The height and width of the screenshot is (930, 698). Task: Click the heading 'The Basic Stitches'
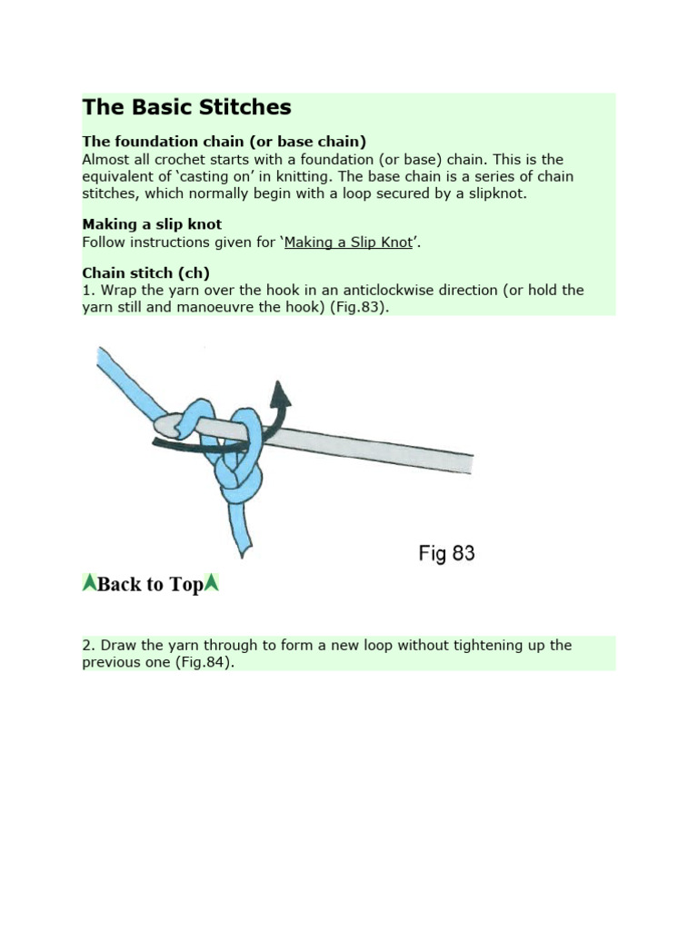pyautogui.click(x=186, y=107)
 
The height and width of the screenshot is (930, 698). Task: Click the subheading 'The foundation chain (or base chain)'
pyautogui.click(x=224, y=142)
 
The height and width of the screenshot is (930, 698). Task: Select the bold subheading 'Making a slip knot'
pyautogui.click(x=152, y=224)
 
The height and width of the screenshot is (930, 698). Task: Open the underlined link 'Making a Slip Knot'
pyautogui.click(x=349, y=242)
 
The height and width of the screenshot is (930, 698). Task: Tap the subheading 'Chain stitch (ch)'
pyautogui.click(x=145, y=272)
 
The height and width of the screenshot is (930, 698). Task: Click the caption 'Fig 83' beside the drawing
pyautogui.click(x=446, y=553)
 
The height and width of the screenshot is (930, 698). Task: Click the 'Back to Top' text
pyautogui.click(x=150, y=584)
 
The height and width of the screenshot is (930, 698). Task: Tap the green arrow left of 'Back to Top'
pyautogui.click(x=89, y=583)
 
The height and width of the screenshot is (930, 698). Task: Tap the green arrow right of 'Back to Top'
pyautogui.click(x=212, y=583)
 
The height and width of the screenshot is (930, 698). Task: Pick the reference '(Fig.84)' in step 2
pyautogui.click(x=206, y=663)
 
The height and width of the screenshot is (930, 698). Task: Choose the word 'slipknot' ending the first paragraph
pyautogui.click(x=494, y=193)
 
